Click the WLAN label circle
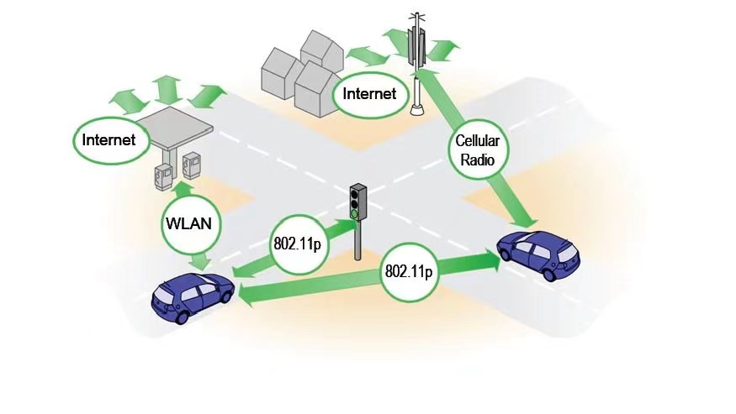pos(192,224)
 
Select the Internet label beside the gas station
pos(109,139)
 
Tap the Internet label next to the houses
pos(368,93)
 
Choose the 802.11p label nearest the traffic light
pos(297,244)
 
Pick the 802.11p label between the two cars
pos(409,272)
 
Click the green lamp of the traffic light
pos(355,214)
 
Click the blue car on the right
pos(538,253)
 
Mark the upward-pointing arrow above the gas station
pos(167,87)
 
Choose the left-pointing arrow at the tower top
pos(394,39)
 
